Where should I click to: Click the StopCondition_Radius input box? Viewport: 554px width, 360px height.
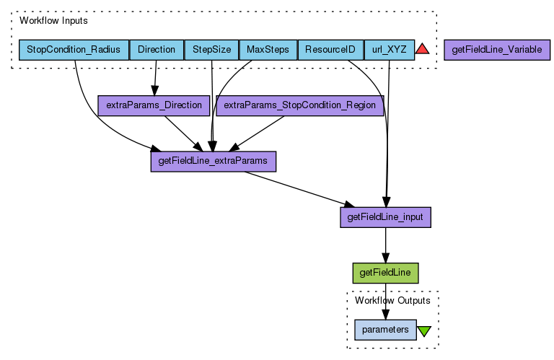[x=74, y=50]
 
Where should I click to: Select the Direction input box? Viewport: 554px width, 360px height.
[x=157, y=50]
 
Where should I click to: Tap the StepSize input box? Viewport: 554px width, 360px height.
[x=211, y=50]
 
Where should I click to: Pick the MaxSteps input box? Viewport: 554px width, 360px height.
[x=268, y=50]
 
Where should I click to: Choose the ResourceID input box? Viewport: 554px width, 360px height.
[x=330, y=50]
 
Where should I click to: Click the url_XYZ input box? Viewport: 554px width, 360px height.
[x=389, y=50]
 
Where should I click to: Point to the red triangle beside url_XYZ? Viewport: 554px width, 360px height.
[x=423, y=49]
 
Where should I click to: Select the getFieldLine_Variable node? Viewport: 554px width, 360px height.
[x=497, y=50]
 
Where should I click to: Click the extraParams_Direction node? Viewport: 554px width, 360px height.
[x=154, y=105]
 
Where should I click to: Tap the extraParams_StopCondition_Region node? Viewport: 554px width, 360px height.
[x=300, y=105]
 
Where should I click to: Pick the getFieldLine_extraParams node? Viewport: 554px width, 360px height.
[x=213, y=161]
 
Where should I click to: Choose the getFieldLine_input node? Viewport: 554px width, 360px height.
[x=385, y=217]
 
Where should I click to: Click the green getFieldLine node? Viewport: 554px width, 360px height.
[x=385, y=273]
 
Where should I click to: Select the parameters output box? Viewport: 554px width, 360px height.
[x=385, y=330]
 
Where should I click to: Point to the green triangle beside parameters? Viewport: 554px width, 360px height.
[x=424, y=330]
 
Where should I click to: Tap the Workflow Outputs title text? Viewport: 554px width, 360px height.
[x=392, y=300]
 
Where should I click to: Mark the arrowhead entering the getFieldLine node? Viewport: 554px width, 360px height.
[x=385, y=259]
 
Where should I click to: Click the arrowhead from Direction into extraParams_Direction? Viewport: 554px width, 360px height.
[x=154, y=90]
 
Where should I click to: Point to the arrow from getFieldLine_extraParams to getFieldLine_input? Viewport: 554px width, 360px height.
[x=296, y=188]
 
